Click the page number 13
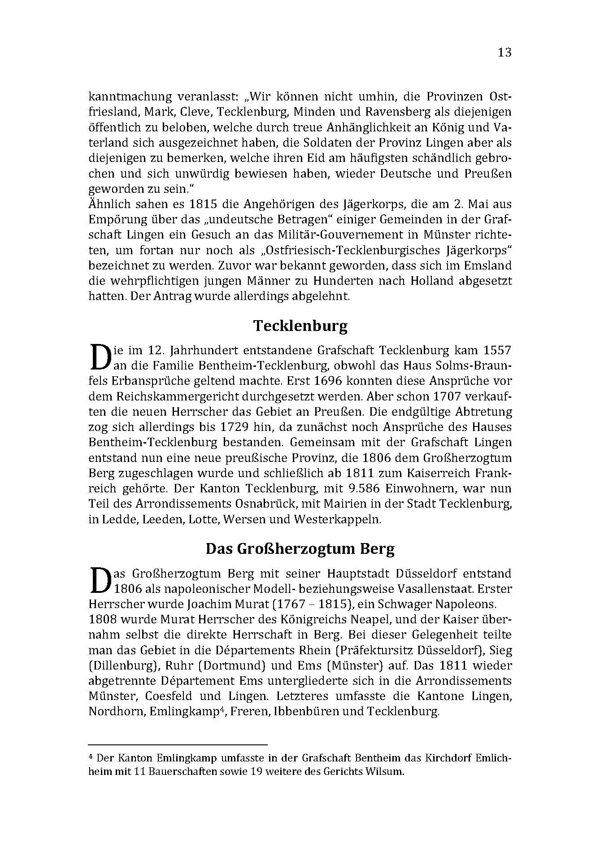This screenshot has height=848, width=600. (x=504, y=52)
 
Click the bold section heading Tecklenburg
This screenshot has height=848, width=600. (x=300, y=326)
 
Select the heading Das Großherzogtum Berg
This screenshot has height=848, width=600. (x=300, y=549)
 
